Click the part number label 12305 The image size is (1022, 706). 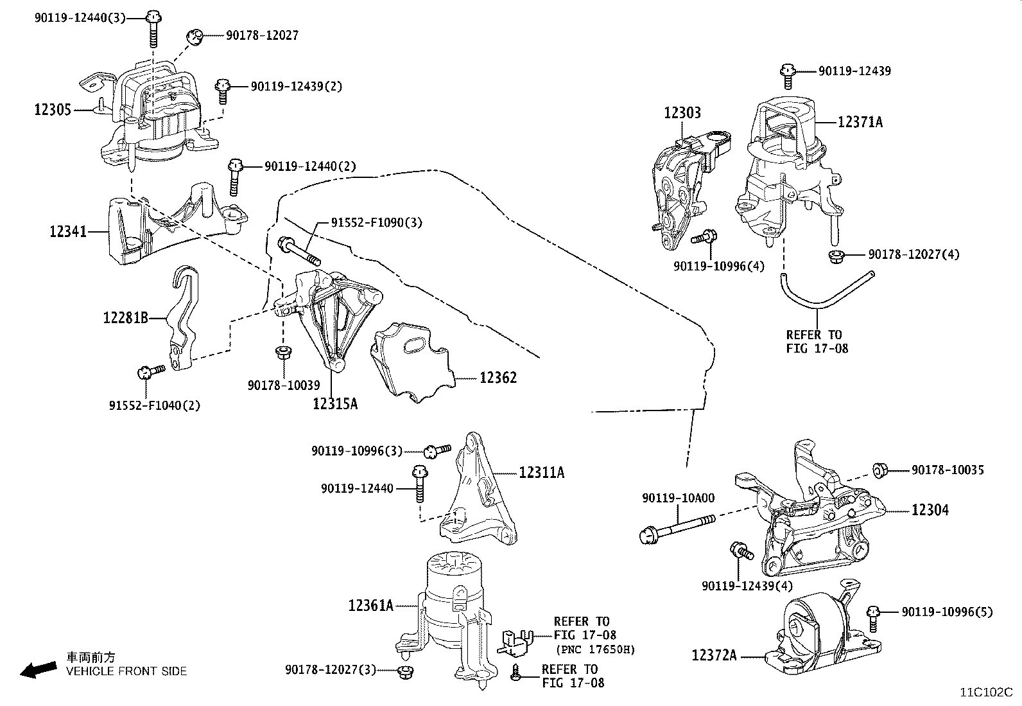coord(53,110)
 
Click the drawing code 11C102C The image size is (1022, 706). coord(985,692)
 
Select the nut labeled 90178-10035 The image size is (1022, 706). coord(879,470)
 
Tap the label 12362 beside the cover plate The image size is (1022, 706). coord(498,377)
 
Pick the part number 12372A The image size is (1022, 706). coord(713,655)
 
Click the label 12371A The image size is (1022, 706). coord(860,121)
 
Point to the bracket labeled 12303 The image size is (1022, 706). coord(680,186)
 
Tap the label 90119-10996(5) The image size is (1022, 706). coord(946,612)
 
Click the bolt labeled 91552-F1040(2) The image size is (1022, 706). coord(150,371)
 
